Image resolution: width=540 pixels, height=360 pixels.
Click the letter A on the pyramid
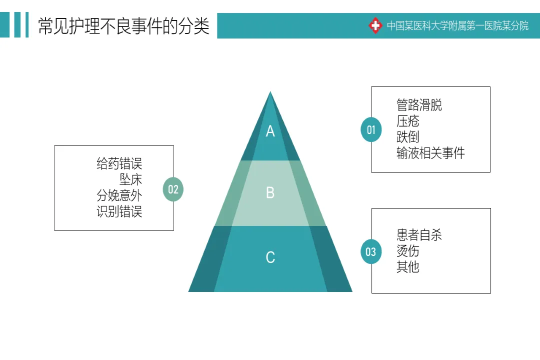point(270,131)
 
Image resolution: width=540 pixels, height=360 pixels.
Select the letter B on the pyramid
point(270,192)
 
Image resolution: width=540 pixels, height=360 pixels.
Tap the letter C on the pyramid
point(270,257)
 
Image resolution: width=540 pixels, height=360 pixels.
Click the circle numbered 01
point(371,130)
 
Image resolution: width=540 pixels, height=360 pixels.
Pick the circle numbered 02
point(173,189)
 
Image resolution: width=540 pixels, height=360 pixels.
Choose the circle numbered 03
point(370,251)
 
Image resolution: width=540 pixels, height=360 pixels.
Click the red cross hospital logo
point(375,25)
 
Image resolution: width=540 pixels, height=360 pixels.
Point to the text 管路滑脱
point(419,105)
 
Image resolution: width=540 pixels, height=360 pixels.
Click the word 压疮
point(408,121)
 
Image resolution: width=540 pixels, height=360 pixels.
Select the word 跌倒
point(408,137)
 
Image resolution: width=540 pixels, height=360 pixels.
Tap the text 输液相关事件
point(430,153)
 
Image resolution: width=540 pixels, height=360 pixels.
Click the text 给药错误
point(119,163)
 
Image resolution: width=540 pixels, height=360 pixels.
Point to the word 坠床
point(131,179)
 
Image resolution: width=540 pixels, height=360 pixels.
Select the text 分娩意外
point(119,195)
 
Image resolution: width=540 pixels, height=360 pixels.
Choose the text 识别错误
point(119,211)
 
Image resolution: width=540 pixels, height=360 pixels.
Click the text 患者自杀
point(419,235)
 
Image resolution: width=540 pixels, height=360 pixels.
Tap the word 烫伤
point(408,251)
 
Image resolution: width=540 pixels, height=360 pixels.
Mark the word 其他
point(408,267)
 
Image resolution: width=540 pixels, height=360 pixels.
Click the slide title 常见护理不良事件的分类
point(123,26)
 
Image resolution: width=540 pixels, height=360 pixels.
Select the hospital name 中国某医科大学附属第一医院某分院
point(457,26)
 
